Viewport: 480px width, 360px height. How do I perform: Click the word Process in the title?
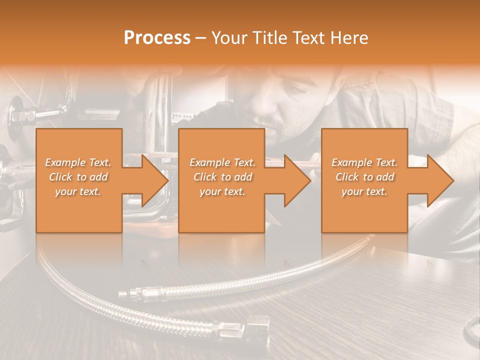pos(157,37)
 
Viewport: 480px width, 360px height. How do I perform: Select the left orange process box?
pos(79,210)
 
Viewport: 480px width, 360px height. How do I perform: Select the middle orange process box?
pos(221,210)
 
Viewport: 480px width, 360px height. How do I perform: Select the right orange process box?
pos(364,210)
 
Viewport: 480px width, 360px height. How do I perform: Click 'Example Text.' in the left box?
pos(78,162)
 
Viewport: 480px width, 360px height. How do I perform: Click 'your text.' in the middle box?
pos(222,191)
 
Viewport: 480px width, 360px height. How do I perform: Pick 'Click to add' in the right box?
pos(364,177)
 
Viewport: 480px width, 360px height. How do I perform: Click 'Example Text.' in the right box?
pos(364,162)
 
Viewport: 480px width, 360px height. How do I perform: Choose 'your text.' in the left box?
pos(78,191)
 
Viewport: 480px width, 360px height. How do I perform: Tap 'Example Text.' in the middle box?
pos(222,162)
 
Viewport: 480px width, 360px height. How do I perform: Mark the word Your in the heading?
pos(227,37)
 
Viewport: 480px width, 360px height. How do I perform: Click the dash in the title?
pos(200,38)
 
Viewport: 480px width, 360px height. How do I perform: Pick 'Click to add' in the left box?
pos(78,177)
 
